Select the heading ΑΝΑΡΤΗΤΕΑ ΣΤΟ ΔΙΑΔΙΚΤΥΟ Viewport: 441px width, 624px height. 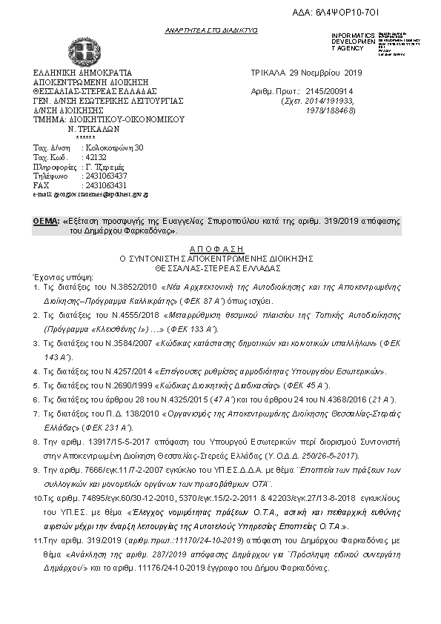pyautogui.click(x=211, y=31)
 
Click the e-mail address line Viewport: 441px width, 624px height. pyautogui.click(x=90, y=193)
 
